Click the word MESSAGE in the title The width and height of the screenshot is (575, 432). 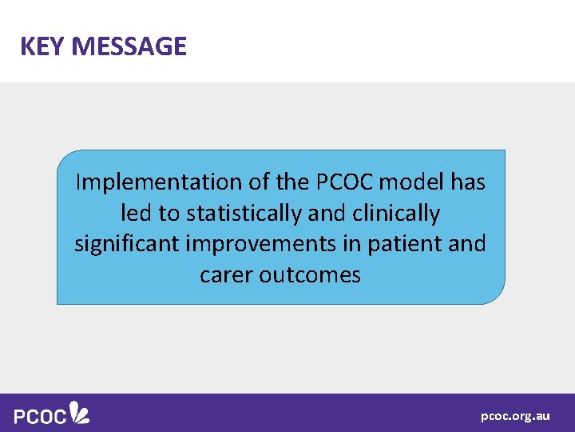point(129,46)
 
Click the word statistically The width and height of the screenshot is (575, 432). point(244,214)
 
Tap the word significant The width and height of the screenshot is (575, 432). point(130,244)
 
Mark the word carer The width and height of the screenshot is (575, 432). point(224,275)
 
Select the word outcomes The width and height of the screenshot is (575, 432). point(309,275)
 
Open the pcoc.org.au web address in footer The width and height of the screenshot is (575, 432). point(515,416)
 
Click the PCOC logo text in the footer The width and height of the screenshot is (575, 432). point(40,416)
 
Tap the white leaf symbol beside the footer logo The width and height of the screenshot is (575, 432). point(79,412)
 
